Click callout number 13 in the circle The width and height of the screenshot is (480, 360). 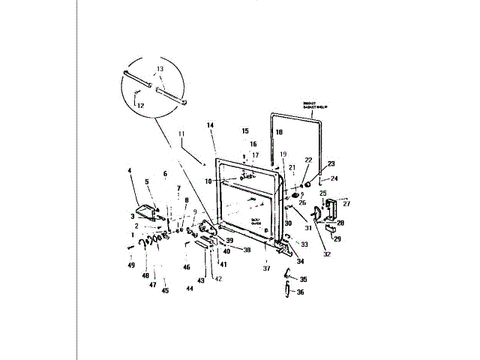[159, 69]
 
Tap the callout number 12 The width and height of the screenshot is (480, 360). [140, 106]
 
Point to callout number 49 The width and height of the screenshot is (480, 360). [131, 265]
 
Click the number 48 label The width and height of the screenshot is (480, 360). [145, 276]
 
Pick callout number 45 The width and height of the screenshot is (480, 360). [165, 290]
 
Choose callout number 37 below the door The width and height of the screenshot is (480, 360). [265, 268]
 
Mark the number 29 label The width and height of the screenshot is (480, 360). [337, 239]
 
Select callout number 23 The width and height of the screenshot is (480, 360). [331, 163]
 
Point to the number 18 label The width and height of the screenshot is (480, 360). [278, 131]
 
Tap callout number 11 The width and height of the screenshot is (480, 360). [180, 133]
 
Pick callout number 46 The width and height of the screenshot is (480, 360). [186, 267]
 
